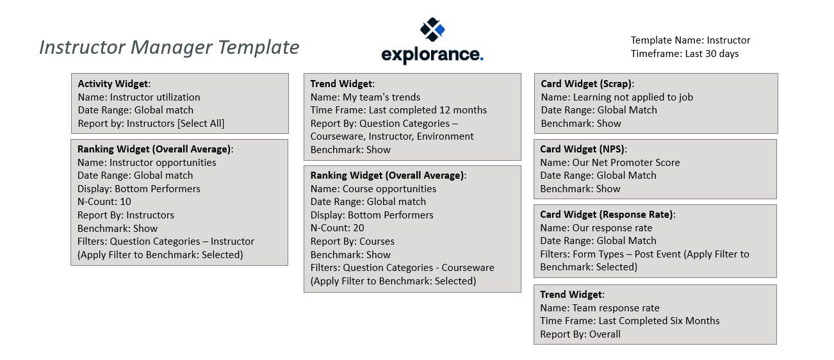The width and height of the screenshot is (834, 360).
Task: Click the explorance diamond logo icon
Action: click(x=432, y=29)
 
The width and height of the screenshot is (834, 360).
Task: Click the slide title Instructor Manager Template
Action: click(x=169, y=47)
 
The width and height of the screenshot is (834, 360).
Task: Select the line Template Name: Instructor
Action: click(x=690, y=40)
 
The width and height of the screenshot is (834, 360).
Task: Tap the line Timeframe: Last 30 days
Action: click(x=684, y=54)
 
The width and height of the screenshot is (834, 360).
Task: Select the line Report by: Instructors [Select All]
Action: click(x=151, y=124)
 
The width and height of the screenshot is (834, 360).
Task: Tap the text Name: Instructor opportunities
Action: click(x=147, y=163)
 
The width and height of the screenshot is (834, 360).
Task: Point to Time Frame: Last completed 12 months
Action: click(x=398, y=110)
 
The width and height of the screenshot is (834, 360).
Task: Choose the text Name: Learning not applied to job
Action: click(x=617, y=97)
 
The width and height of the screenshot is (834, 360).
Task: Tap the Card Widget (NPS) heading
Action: click(x=583, y=149)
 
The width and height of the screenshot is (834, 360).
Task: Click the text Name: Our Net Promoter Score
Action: click(x=610, y=163)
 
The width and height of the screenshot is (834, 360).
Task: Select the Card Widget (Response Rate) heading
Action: click(x=607, y=215)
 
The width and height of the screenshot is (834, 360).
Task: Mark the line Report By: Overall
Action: click(x=580, y=334)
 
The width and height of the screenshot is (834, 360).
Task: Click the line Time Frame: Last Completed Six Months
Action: click(x=630, y=321)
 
